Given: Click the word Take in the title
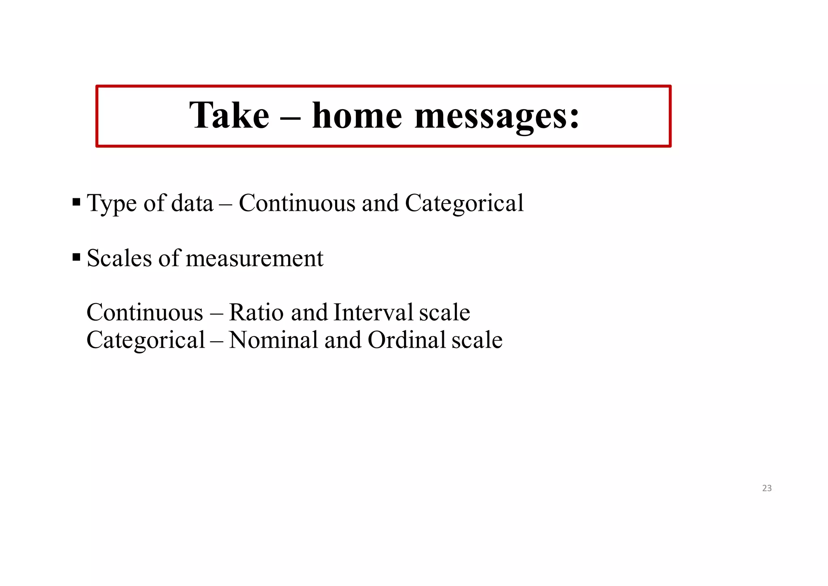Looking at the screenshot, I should (x=229, y=116).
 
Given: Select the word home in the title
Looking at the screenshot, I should (x=357, y=116).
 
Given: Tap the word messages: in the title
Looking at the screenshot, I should (x=497, y=117).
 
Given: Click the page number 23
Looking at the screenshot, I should (x=767, y=488).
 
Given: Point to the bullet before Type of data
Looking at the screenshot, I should (x=76, y=202).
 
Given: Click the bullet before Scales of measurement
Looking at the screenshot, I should (x=76, y=257).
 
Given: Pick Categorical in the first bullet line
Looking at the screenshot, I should (x=464, y=204).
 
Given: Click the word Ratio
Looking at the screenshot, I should (x=256, y=312).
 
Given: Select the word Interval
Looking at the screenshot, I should (x=373, y=312).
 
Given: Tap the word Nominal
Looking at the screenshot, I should (x=274, y=340).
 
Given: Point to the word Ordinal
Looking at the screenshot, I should (x=406, y=340).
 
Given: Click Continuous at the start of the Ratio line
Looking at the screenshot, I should (x=145, y=312).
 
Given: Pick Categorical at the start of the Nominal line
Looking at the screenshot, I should (x=146, y=341).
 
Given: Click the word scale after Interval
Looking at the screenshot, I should (x=444, y=312).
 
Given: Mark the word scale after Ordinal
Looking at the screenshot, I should (x=477, y=340).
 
